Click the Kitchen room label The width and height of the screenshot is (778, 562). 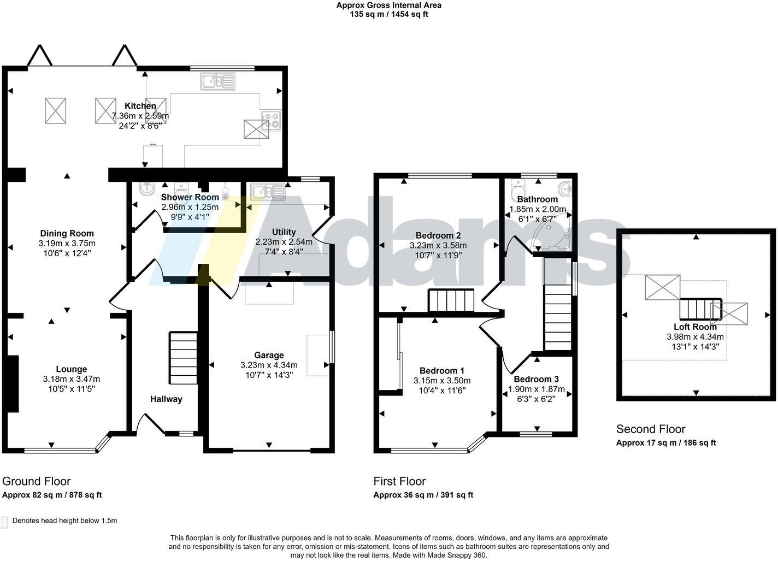pos(140,106)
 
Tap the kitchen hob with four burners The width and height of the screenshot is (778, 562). pos(271,120)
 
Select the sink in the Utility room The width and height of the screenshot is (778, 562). pos(267,192)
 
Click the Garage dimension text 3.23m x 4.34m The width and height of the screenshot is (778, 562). pos(269,365)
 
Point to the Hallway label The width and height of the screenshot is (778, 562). pos(166,399)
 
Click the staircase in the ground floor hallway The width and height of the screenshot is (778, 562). pos(183,358)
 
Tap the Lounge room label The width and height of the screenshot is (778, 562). pos(72,369)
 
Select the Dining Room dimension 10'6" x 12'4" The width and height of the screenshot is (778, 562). pos(66,253)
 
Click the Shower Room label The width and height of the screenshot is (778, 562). pos(190,197)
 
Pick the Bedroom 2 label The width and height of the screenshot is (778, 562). pos(438,235)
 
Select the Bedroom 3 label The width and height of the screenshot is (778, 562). pos(536,379)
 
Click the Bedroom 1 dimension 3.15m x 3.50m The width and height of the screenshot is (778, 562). pos(442,381)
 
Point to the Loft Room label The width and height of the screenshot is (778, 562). pos(695,327)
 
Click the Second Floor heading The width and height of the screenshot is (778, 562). pos(650,429)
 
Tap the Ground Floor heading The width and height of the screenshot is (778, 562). pos(36,481)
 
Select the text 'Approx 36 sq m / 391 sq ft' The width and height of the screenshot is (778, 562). pos(423,495)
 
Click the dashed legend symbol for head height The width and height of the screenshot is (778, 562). pos(4,522)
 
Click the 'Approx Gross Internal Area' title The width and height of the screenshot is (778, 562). pos(388,5)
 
